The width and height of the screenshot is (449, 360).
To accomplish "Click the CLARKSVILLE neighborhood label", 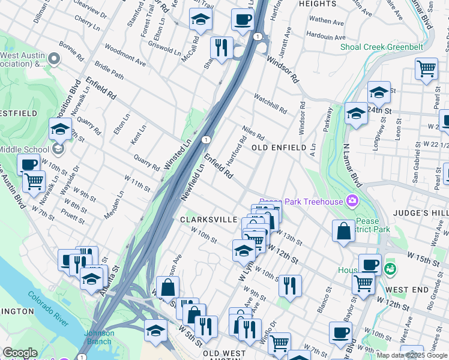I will tap(209, 220).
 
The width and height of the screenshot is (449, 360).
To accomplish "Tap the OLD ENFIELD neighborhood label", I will tap(275, 147).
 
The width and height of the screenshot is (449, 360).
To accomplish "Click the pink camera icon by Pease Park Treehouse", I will tap(352, 200).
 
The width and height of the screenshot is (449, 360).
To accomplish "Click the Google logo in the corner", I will tap(20, 353).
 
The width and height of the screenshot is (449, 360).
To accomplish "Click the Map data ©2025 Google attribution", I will tap(412, 355).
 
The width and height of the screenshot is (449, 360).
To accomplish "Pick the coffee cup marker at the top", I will tap(243, 19).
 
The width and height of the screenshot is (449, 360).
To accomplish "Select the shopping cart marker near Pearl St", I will tap(426, 68).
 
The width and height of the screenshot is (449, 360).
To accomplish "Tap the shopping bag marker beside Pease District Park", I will tap(343, 231).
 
